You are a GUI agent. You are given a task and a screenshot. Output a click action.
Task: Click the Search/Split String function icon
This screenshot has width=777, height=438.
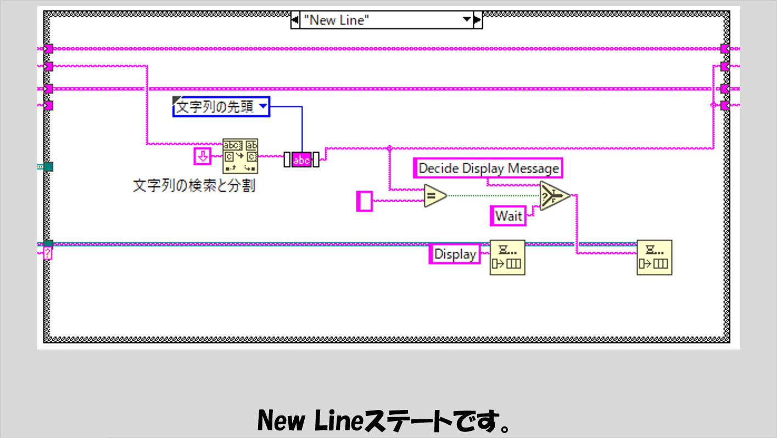click(240, 156)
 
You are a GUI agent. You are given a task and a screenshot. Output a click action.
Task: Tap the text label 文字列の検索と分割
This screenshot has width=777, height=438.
click(194, 185)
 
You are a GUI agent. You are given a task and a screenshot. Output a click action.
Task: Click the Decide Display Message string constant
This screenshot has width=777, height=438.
click(488, 168)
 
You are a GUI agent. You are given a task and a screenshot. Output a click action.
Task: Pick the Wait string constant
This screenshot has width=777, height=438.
click(508, 216)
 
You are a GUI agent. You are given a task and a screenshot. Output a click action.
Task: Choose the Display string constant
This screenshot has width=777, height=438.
click(455, 254)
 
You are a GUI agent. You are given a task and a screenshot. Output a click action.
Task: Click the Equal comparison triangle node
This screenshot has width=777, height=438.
click(434, 196)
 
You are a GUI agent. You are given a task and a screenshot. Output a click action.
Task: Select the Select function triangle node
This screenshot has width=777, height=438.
click(554, 196)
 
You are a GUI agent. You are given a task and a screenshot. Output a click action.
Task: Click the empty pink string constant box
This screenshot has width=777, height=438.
click(364, 201)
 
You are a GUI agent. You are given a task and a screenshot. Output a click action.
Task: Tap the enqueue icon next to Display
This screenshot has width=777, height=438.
click(507, 257)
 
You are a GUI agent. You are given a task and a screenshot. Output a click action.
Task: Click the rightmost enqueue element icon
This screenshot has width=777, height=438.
click(655, 257)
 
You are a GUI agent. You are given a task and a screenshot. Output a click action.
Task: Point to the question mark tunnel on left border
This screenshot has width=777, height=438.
click(48, 253)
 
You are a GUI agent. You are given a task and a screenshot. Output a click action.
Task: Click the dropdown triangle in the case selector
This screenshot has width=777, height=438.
click(467, 20)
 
